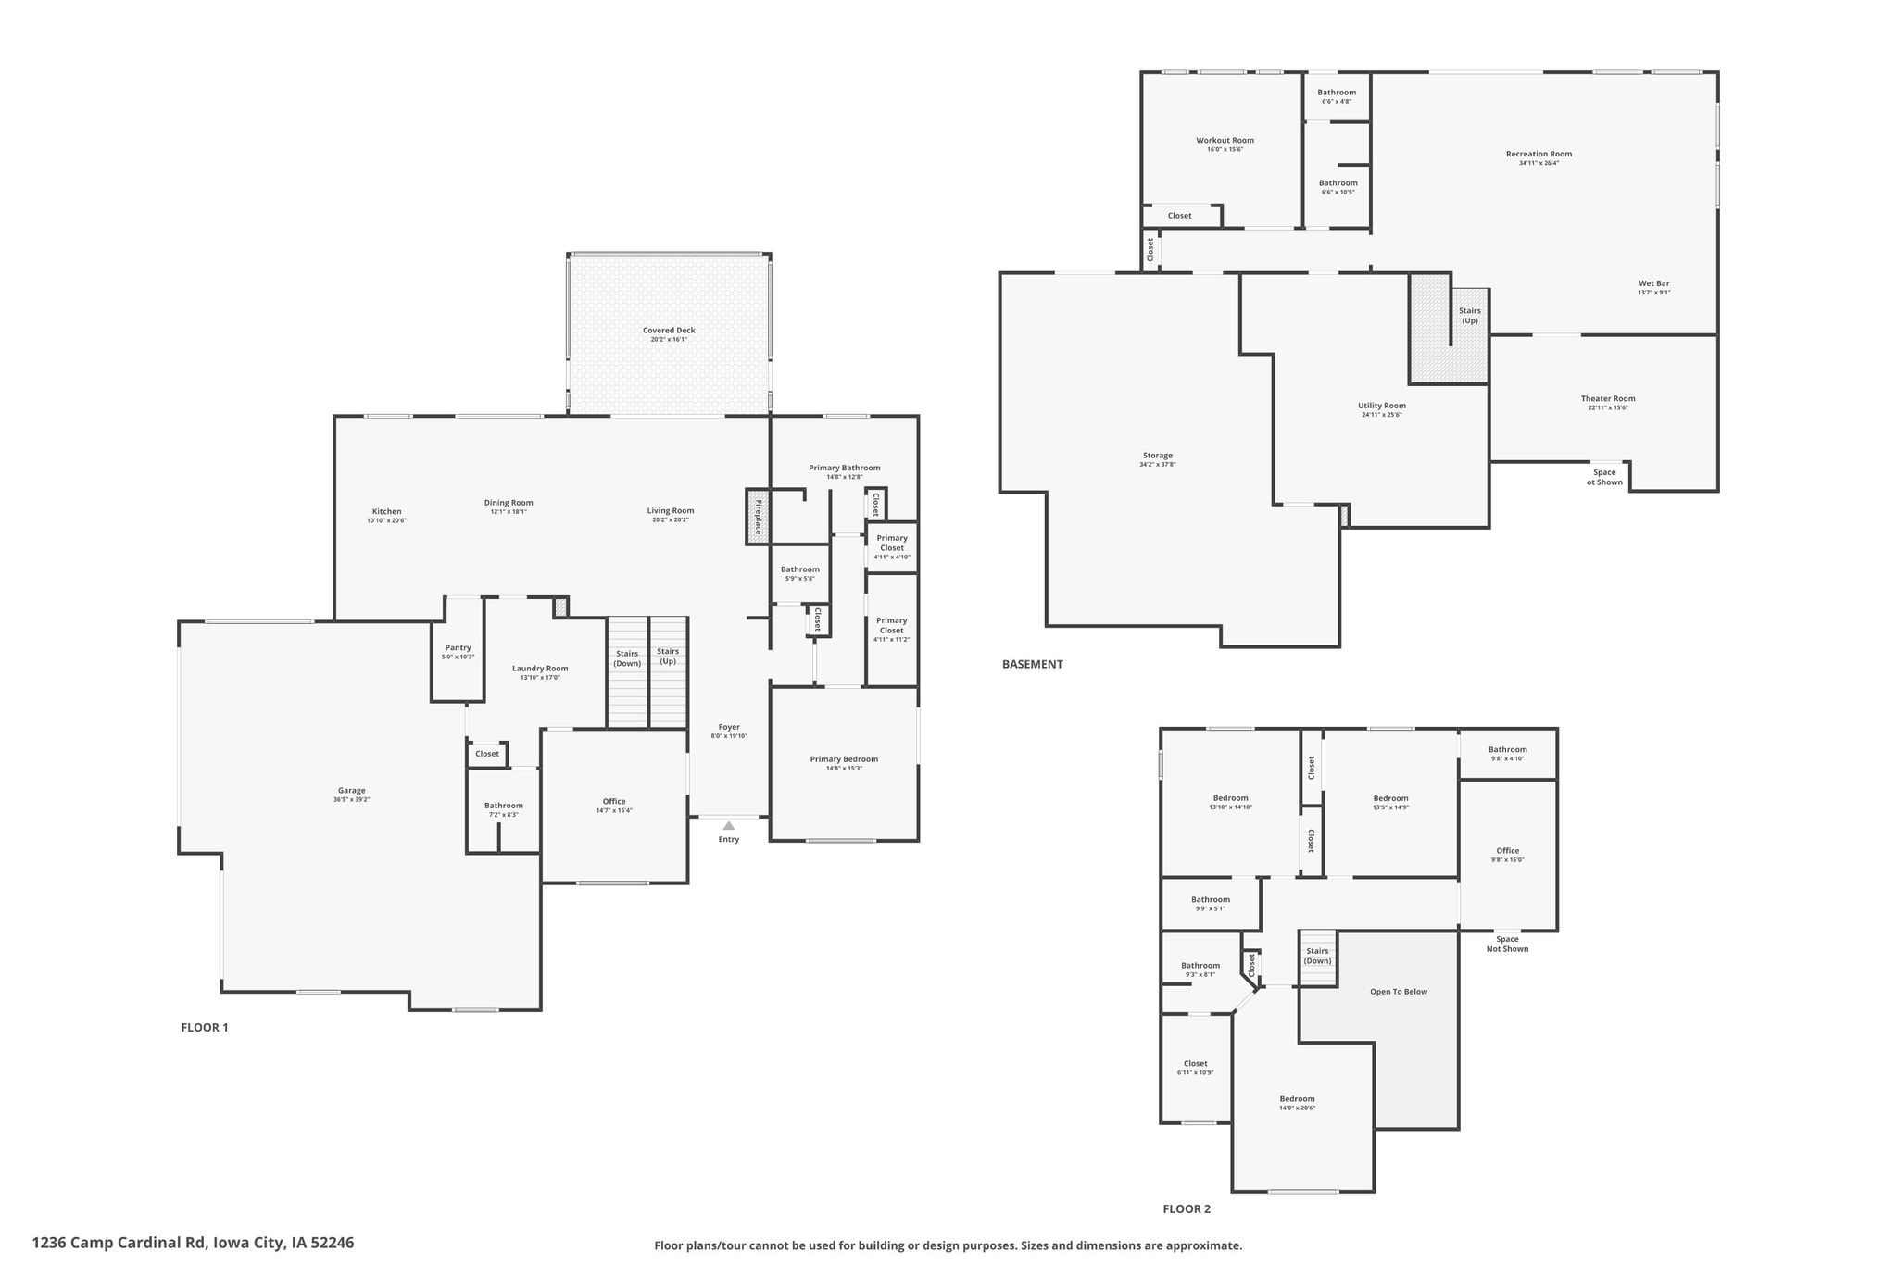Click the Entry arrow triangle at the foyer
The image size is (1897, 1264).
[729, 825]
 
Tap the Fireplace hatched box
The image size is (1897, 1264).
[758, 517]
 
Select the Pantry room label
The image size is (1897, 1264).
[459, 648]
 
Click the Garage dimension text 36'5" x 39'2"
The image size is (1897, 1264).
[352, 800]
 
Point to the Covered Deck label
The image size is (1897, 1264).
[669, 331]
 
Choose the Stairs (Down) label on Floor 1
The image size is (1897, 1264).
[627, 658]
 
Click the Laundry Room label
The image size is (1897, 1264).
[540, 669]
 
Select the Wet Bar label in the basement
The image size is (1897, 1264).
[1653, 283]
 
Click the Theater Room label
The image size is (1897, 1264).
[1608, 399]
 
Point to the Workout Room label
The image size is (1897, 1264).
[1225, 141]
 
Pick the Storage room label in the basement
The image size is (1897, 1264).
[1158, 456]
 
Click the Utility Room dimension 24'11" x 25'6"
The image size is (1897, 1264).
[1382, 415]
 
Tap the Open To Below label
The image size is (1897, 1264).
[1399, 992]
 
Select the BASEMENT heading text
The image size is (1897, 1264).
[1033, 664]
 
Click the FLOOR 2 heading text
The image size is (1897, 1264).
[1187, 1208]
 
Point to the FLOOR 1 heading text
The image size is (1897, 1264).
[205, 1027]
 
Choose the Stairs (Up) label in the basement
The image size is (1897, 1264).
[1470, 316]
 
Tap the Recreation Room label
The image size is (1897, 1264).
[1539, 154]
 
